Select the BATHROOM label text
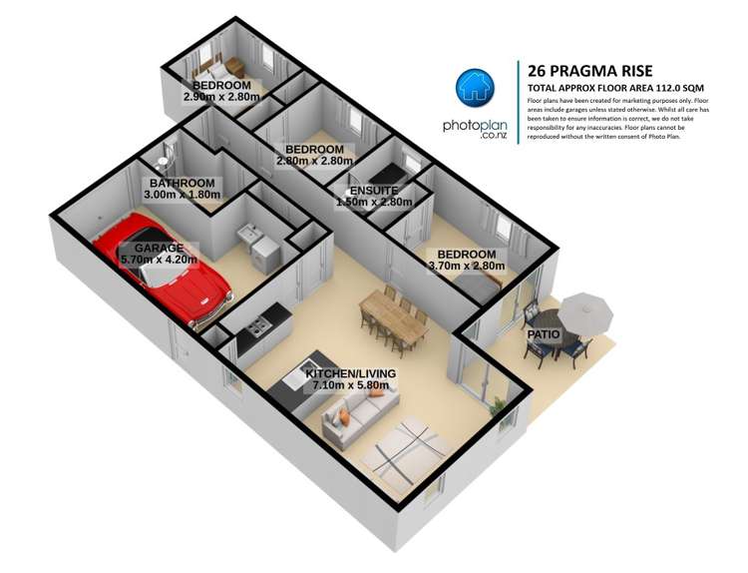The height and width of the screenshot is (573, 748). (x=182, y=184)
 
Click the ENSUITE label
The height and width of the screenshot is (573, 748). (x=374, y=190)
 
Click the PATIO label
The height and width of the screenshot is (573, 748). (x=544, y=334)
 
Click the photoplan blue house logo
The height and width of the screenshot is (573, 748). (x=477, y=91)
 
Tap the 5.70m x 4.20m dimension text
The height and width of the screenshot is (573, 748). (x=158, y=260)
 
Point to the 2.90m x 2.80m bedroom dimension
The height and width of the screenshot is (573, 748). (x=221, y=98)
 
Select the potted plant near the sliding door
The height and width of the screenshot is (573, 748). (x=499, y=404)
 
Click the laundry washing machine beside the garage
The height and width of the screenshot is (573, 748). (x=261, y=256)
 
